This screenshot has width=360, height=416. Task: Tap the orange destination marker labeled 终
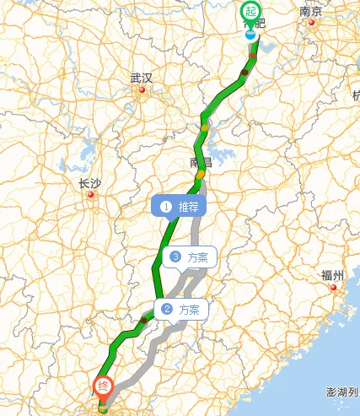[101, 390]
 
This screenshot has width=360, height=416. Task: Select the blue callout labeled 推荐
[178, 205]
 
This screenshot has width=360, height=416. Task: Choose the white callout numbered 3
[191, 257]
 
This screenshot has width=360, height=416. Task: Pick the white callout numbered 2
[181, 309]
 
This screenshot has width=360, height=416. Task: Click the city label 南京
[311, 12]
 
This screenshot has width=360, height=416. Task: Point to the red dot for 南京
[312, 23]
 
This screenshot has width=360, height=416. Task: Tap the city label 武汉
[142, 78]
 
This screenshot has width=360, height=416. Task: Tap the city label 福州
[333, 275]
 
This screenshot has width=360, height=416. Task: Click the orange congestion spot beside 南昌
[201, 176]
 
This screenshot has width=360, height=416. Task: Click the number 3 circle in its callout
[175, 257]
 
